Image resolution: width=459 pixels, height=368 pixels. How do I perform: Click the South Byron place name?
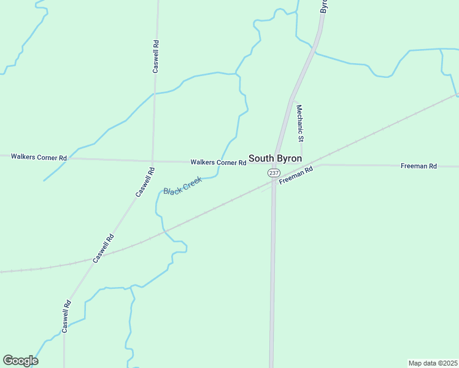coord(275,158)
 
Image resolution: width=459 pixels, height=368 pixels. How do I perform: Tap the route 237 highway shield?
coord(274,174)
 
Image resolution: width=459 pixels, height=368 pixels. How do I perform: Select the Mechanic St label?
coord(300,123)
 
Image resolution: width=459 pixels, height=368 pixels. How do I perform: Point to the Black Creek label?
coord(182,185)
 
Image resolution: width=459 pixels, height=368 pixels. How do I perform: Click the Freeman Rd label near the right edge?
coord(418,166)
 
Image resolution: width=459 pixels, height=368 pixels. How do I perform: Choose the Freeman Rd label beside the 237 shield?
coord(296,175)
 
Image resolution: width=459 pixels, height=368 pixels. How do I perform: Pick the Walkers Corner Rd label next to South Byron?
coord(218,163)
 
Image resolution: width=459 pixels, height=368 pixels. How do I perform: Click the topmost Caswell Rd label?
coord(156,56)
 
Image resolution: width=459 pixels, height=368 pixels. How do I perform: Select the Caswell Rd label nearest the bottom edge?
coord(66,316)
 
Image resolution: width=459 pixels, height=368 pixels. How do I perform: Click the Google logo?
coord(20,361)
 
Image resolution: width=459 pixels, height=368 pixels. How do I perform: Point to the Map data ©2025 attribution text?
coord(433,363)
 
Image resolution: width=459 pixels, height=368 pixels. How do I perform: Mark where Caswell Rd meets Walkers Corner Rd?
coord(152,161)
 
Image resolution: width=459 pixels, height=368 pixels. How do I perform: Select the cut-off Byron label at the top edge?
coord(324,6)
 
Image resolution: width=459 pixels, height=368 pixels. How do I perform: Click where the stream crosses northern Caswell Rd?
coord(154,93)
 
